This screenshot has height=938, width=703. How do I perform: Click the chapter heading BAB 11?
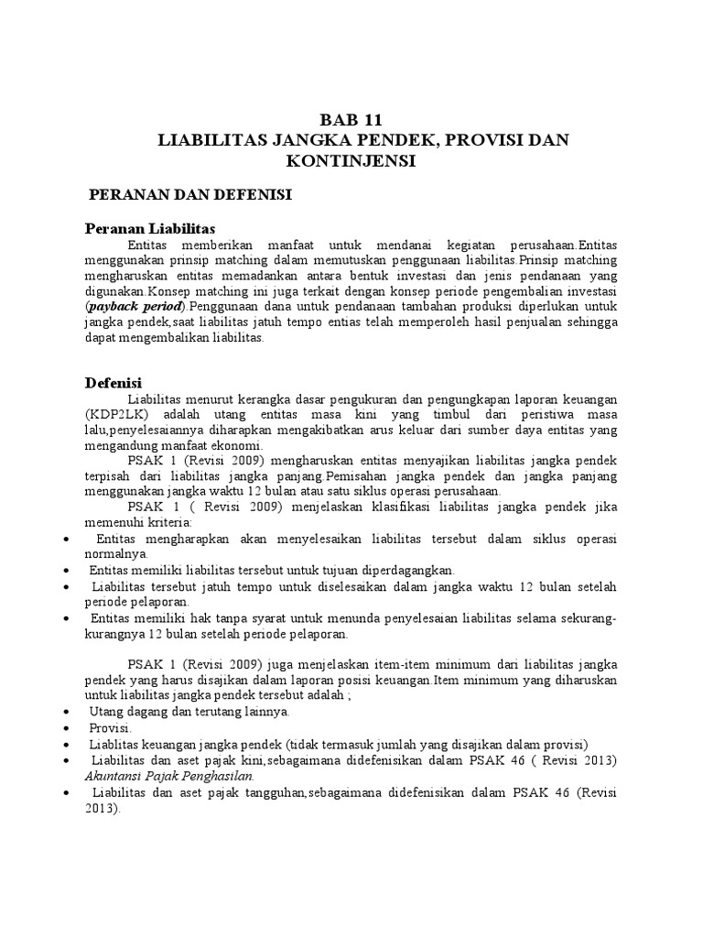pyautogui.click(x=350, y=120)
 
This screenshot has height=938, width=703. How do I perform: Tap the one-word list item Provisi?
pyautogui.click(x=111, y=726)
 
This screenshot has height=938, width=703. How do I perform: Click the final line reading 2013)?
pyautogui.click(x=103, y=809)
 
